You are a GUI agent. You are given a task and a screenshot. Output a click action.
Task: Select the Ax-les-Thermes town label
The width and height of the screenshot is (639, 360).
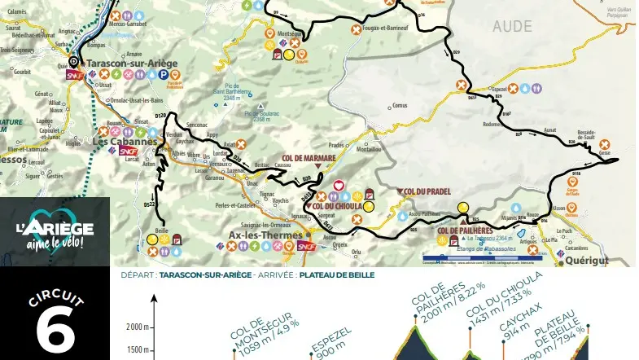[x=258, y=235]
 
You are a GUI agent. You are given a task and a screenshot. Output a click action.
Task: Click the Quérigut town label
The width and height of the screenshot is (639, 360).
[x=586, y=261]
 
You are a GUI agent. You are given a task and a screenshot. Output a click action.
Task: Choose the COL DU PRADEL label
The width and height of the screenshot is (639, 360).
[x=427, y=191]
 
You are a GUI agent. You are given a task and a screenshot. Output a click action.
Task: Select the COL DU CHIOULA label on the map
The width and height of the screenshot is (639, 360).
[x=337, y=207]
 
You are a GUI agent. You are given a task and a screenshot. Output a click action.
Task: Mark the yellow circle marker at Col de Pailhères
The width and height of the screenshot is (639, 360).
[x=463, y=208]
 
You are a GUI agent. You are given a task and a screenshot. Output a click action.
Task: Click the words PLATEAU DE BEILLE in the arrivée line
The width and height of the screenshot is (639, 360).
[x=336, y=275]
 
